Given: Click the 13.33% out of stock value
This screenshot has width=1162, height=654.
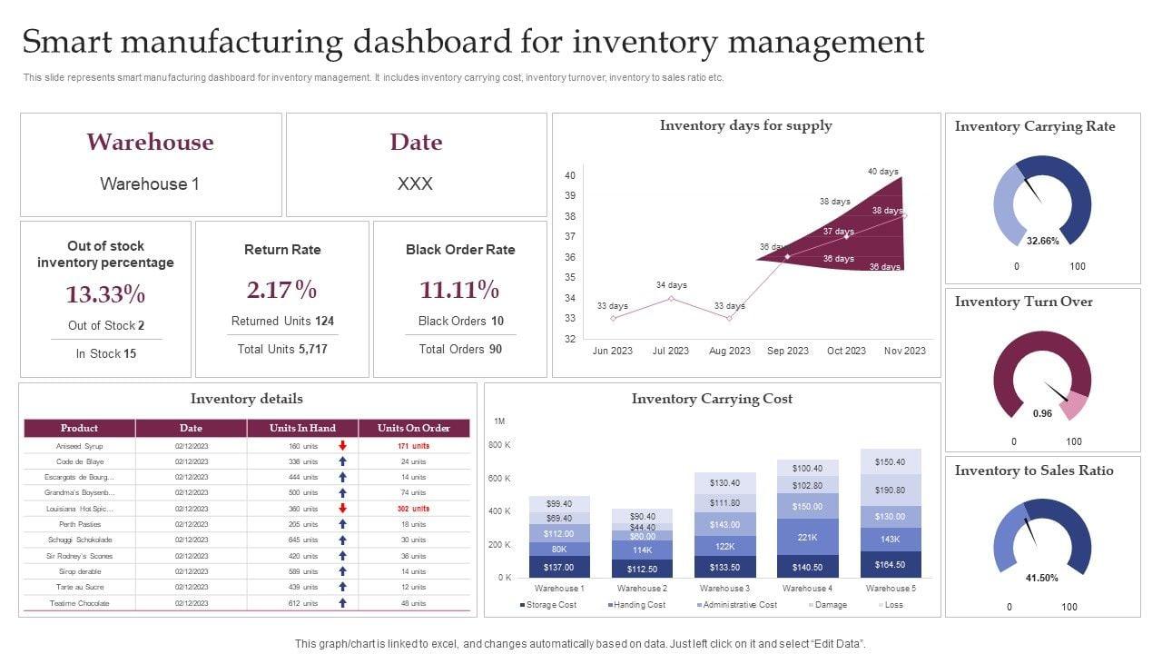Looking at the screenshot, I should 105,294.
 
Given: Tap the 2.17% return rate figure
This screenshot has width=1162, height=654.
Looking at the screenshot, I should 282,290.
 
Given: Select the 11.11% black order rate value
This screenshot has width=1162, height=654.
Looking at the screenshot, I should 459,290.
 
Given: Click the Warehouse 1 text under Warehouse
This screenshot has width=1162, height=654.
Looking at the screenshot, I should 150,183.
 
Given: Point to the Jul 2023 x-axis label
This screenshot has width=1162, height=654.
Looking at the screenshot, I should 671,351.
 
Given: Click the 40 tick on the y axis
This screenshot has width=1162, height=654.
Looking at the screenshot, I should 570,175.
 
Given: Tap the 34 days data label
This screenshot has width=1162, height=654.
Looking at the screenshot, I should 671,285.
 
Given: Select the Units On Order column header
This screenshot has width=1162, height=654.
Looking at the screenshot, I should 413,428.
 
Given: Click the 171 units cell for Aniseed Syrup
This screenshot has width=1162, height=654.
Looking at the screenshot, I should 413,446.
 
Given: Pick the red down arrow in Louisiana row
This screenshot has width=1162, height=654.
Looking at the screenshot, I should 342,509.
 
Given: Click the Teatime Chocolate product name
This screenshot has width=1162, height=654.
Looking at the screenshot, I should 80,603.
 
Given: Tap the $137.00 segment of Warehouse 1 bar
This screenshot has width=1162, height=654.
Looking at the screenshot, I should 558,568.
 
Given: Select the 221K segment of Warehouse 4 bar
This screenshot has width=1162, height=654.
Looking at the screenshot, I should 807,538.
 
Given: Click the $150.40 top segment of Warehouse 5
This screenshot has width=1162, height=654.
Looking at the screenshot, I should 890,462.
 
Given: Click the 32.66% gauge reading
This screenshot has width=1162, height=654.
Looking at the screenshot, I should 1043,242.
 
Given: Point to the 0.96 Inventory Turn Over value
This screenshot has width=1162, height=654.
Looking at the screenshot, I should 1043,413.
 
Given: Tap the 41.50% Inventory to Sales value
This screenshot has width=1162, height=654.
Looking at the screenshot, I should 1042,579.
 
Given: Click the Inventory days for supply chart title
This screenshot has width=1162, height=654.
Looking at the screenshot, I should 745,125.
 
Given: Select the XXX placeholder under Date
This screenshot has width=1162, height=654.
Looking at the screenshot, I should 415,183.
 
